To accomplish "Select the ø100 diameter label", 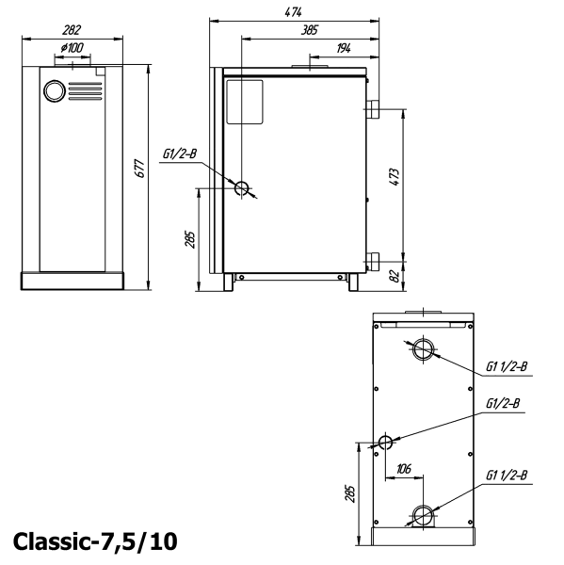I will click(71, 48).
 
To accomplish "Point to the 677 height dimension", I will click(140, 169).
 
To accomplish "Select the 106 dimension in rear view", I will click(404, 468).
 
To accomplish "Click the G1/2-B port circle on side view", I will click(243, 188).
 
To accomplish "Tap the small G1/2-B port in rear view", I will click(384, 443).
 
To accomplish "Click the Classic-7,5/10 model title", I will click(94, 541).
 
